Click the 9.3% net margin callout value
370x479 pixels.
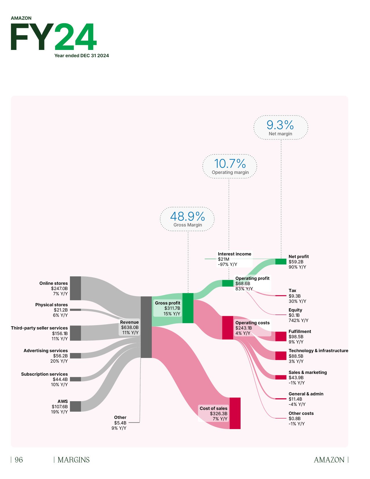[x=280, y=125]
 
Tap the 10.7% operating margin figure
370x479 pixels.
[x=230, y=164]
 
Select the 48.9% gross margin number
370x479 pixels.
[x=187, y=217]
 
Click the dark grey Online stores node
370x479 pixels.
[x=75, y=288]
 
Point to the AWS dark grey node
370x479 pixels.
[x=75, y=406]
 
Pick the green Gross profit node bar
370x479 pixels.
[x=188, y=308]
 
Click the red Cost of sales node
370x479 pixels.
[x=235, y=413]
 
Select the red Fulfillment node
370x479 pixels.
[x=281, y=336]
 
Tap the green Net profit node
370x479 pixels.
[x=281, y=262]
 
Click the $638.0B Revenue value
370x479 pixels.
[x=130, y=327]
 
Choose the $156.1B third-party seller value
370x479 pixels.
[x=60, y=334]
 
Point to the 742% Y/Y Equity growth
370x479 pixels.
[x=298, y=320]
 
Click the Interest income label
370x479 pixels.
[x=234, y=254]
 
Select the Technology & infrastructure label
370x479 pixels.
[x=318, y=351]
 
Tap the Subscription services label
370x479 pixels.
[x=44, y=374]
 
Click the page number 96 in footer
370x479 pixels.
[x=19, y=460]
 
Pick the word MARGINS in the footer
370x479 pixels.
[x=74, y=460]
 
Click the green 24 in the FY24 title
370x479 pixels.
[x=75, y=37]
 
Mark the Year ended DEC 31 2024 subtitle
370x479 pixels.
[x=82, y=55]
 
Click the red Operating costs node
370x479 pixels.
[x=228, y=328]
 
